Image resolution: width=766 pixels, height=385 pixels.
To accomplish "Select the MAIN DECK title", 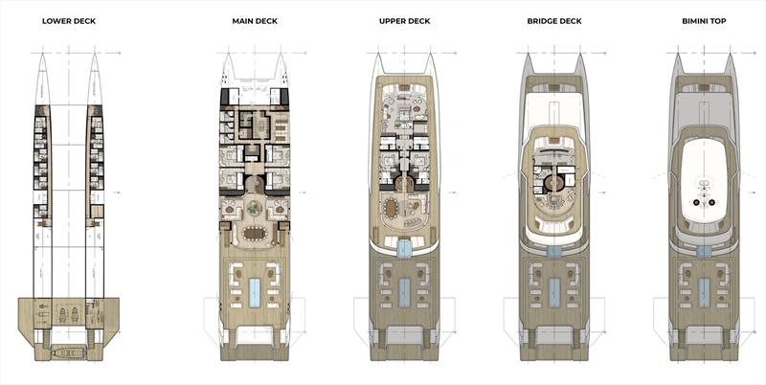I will (255, 20).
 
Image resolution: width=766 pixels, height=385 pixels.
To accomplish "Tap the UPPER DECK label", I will (404, 20).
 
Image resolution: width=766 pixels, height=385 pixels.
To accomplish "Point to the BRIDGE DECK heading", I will (554, 20).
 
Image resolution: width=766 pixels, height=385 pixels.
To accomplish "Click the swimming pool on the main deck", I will (255, 293).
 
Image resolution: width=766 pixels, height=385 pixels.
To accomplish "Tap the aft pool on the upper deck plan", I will (404, 293).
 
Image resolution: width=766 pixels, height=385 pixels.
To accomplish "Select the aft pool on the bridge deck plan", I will (554, 293).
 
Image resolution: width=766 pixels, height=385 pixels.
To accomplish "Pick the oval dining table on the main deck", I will (255, 233).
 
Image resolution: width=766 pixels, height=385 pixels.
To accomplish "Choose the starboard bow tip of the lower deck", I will (96, 57).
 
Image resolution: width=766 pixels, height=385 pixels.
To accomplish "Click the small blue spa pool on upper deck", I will (404, 249).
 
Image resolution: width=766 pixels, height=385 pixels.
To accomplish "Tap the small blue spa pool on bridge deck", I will (554, 250).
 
